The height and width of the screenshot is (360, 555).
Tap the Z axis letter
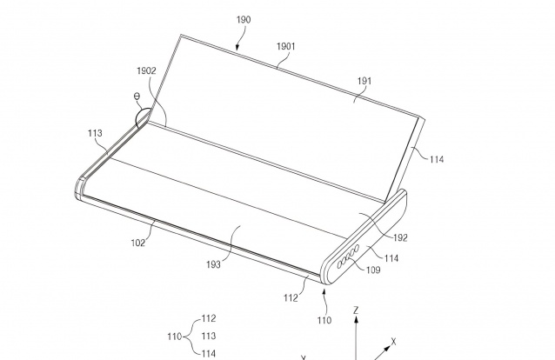tap(356, 310)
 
